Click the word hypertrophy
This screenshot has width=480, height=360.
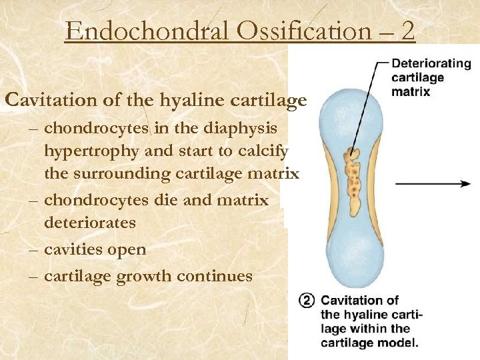(91, 151)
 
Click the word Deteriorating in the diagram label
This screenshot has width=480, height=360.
(430, 65)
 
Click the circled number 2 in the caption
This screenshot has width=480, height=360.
(307, 301)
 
